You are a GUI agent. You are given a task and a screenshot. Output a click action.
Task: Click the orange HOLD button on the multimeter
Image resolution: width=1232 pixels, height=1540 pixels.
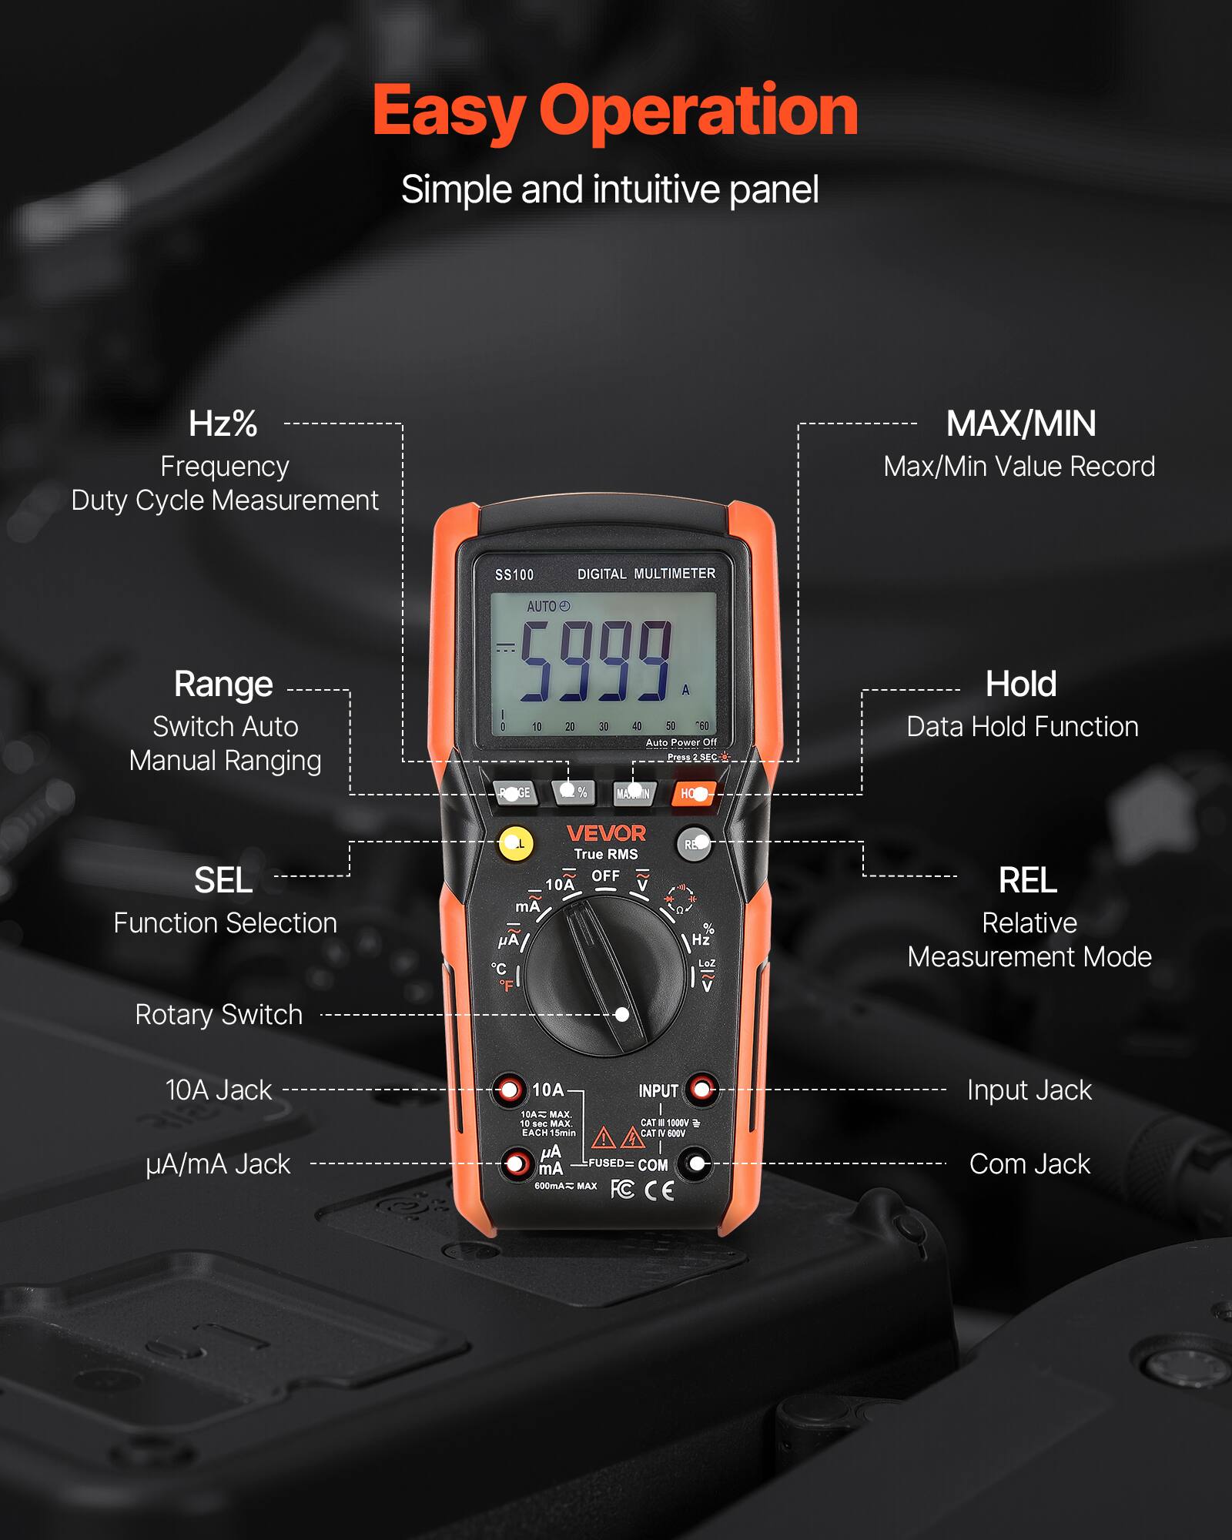[694, 793]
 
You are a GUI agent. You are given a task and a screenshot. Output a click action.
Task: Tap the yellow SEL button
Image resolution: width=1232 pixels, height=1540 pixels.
[516, 844]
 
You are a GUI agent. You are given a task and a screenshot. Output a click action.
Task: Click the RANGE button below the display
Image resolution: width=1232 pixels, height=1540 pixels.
[514, 792]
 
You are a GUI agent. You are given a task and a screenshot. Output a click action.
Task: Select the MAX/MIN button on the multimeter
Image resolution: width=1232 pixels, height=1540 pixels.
[634, 793]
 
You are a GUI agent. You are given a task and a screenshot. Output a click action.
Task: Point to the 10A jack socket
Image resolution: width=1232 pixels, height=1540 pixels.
[509, 1090]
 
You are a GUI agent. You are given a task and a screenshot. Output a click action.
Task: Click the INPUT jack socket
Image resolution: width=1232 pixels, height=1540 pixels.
[701, 1089]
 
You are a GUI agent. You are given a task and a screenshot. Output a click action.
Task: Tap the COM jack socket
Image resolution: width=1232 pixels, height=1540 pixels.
[697, 1163]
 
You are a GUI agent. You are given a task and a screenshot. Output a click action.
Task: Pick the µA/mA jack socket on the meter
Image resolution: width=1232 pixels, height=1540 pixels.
[517, 1163]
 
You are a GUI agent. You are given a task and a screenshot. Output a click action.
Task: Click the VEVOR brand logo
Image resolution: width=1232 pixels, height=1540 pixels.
[606, 833]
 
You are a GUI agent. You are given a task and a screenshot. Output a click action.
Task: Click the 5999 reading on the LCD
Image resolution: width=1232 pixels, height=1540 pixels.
[595, 662]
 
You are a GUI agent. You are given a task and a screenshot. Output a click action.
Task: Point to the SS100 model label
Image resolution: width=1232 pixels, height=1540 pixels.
[514, 575]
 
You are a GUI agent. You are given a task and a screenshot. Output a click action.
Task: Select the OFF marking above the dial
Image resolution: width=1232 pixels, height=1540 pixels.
[605, 876]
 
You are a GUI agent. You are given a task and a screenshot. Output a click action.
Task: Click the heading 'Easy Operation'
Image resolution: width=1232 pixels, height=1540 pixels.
[615, 112]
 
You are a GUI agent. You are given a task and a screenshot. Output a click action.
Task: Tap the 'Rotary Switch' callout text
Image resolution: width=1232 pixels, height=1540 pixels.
[219, 1015]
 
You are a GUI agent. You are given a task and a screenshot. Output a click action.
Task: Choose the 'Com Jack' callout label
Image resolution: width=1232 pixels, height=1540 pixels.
[1029, 1164]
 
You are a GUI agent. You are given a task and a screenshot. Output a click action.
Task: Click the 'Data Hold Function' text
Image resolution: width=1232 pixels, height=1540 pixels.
[1022, 727]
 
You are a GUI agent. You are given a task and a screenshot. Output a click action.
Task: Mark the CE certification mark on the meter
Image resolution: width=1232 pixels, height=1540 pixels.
[659, 1190]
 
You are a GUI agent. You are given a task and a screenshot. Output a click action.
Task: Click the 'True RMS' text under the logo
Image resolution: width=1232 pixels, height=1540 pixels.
[606, 854]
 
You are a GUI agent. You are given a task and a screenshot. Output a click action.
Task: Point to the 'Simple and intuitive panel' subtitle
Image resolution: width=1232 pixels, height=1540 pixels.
[610, 189]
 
